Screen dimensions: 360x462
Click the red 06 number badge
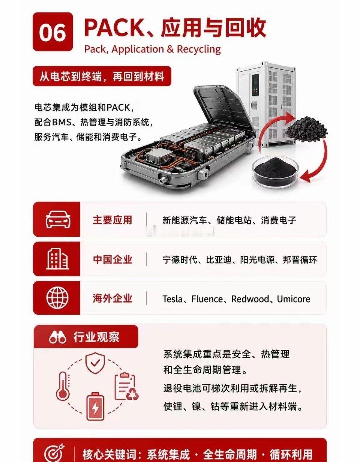pos(53,32)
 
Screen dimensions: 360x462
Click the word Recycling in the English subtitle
pos(199,49)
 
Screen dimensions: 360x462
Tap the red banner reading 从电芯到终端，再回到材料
pos(102,76)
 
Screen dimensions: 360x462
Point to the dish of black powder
pos(275,172)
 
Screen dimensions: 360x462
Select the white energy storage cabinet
pos(265,104)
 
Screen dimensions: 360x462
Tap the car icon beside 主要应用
pos(58,219)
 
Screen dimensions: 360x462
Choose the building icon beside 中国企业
pos(58,259)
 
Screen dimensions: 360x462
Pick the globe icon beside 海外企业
pos(58,297)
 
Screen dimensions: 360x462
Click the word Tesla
pos(172,299)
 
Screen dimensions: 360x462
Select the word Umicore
pos(294,299)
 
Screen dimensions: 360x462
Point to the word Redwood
pos(250,299)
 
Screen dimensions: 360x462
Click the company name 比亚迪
pos(219,259)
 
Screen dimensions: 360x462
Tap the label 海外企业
pos(112,298)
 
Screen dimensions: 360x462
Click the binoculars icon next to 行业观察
pos(57,337)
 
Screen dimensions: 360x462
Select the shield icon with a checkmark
pos(95,363)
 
